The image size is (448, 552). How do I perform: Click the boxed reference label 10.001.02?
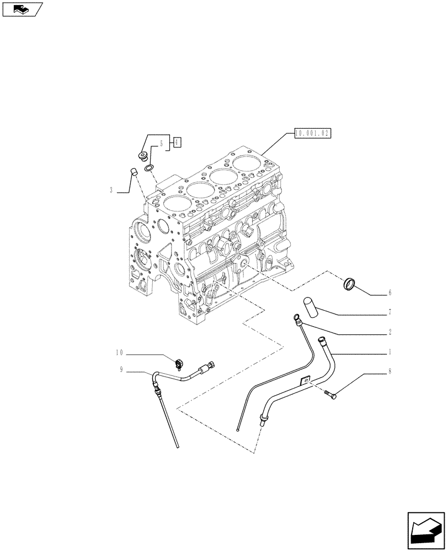(312, 133)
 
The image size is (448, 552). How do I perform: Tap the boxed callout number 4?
(176, 142)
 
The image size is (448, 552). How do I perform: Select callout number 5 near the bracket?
(162, 144)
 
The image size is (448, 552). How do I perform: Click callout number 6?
(390, 293)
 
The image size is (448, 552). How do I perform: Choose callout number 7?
(390, 312)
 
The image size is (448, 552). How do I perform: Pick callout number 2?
(390, 332)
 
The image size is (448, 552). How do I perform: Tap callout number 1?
(390, 352)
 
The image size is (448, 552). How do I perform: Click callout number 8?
(390, 371)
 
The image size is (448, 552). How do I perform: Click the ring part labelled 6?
(350, 284)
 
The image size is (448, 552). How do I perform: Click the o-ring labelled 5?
(149, 167)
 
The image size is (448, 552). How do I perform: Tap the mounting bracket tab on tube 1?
(303, 380)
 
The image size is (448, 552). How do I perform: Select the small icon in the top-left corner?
(22, 8)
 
